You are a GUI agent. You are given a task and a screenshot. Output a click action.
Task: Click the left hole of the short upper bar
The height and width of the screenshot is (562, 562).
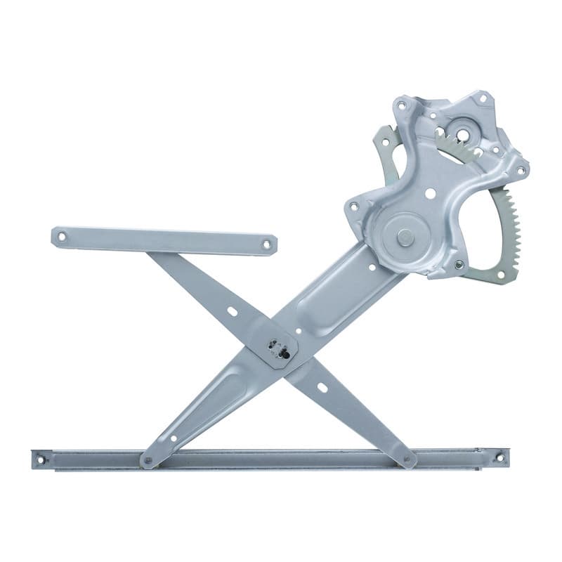pyautogui.click(x=61, y=236)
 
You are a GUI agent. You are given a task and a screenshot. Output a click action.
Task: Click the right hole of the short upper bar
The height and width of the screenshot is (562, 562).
pyautogui.click(x=266, y=245)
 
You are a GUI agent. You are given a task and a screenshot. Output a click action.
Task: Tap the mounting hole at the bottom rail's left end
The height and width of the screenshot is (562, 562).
pyautogui.click(x=41, y=460)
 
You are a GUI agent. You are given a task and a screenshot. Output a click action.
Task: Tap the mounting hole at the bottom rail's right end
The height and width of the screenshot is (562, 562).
pyautogui.click(x=499, y=458)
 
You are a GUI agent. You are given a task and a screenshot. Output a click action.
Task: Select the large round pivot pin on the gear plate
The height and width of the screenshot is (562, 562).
pyautogui.click(x=405, y=237)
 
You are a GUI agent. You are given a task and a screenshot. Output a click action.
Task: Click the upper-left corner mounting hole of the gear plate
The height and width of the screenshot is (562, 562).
pyautogui.click(x=401, y=106)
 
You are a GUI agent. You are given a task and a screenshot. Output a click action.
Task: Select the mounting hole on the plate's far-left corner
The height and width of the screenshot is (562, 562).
pyautogui.click(x=354, y=206)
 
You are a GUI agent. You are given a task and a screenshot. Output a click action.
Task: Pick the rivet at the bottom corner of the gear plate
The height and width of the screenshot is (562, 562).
pyautogui.click(x=459, y=265)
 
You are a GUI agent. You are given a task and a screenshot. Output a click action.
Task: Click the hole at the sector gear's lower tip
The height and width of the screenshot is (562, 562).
pyautogui.click(x=500, y=274)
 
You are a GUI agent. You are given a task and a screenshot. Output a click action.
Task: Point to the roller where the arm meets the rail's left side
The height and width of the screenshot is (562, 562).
pyautogui.click(x=148, y=462)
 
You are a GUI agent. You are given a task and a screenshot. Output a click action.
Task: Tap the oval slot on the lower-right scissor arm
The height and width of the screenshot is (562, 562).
pyautogui.click(x=322, y=386)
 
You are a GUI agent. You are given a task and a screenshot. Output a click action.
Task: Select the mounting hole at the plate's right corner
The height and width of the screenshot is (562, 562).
pyautogui.click(x=521, y=169)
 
